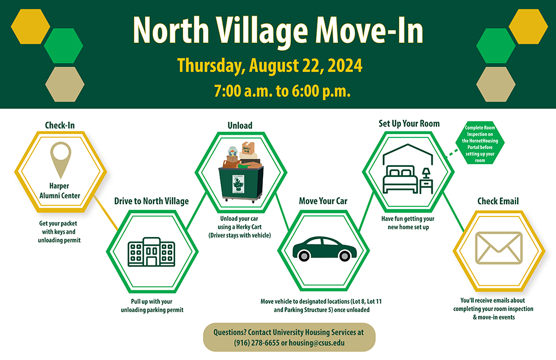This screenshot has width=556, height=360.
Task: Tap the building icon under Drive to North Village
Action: pyautogui.click(x=151, y=251)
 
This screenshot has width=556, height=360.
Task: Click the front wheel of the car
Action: pyautogui.click(x=345, y=255)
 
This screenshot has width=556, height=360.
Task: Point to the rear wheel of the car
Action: pyautogui.click(x=304, y=255)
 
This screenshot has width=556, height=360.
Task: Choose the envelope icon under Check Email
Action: pyautogui.click(x=499, y=248)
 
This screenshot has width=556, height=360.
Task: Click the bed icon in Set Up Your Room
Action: pyautogui.click(x=401, y=179)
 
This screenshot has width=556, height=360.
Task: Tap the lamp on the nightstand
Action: pyautogui.click(x=426, y=174)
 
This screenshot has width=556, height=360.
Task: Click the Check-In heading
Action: pyautogui.click(x=60, y=125)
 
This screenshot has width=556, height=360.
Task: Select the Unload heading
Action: pyautogui.click(x=240, y=125)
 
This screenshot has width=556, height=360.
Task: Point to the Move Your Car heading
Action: pyautogui.click(x=323, y=201)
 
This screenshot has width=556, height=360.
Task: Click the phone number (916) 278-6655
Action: pyautogui.click(x=257, y=343)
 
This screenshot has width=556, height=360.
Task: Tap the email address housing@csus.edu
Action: pyautogui.click(x=317, y=343)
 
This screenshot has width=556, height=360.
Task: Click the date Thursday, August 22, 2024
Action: pyautogui.click(x=270, y=66)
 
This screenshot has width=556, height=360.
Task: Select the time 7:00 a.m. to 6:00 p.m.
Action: pyautogui.click(x=282, y=91)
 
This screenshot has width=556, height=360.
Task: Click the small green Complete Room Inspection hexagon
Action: pyautogui.click(x=480, y=144)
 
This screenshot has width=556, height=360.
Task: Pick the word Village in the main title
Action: pyautogui.click(x=262, y=31)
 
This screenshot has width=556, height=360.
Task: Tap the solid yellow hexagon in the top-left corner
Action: pyautogui.click(x=31, y=27)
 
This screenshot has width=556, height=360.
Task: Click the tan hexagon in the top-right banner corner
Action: pyautogui.click(x=496, y=85)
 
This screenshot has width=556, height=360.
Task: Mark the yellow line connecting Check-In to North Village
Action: pyautogui.click(x=106, y=213)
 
